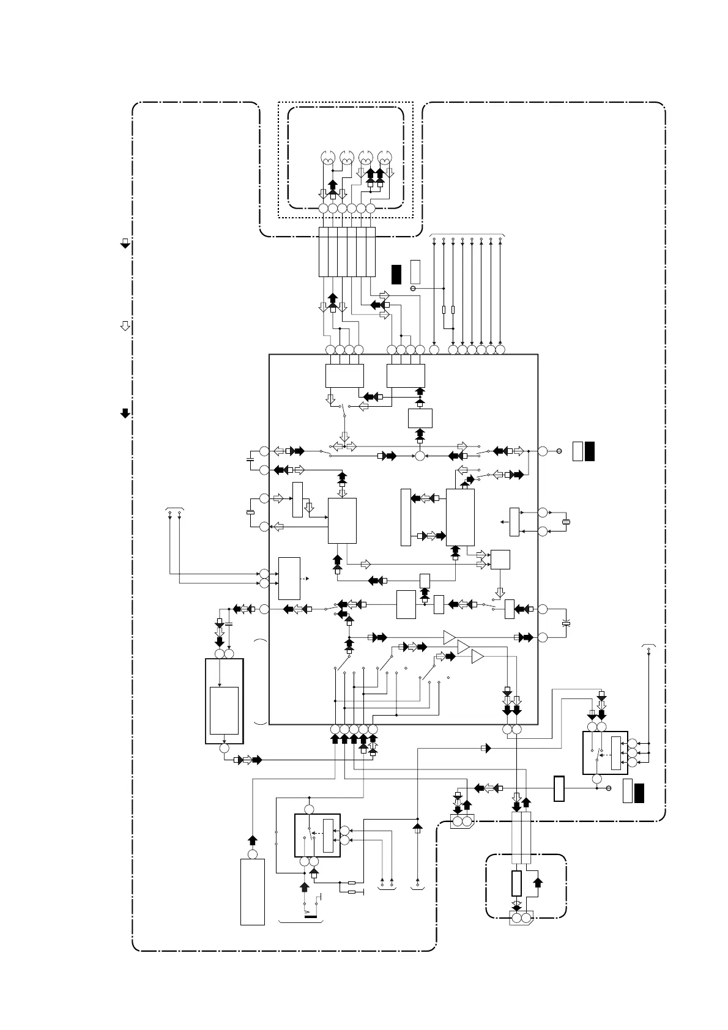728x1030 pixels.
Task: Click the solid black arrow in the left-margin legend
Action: (x=125, y=413)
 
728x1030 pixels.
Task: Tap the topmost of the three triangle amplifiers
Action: (x=450, y=637)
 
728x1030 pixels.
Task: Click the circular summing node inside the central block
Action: (x=420, y=456)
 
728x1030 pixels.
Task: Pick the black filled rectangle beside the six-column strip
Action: (x=396, y=274)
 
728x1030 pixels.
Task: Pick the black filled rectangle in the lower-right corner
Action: (x=639, y=791)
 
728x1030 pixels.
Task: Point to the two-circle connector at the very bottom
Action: (x=521, y=918)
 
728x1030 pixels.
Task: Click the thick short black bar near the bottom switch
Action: (x=311, y=917)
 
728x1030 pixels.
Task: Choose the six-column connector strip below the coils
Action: (x=347, y=251)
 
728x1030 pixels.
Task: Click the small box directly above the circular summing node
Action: (x=420, y=418)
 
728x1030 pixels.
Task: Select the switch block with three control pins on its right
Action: (x=605, y=752)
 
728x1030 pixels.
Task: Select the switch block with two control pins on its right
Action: (x=317, y=835)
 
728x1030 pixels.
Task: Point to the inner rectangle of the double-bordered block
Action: (x=224, y=710)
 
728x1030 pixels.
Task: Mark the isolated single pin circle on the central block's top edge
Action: (x=434, y=350)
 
